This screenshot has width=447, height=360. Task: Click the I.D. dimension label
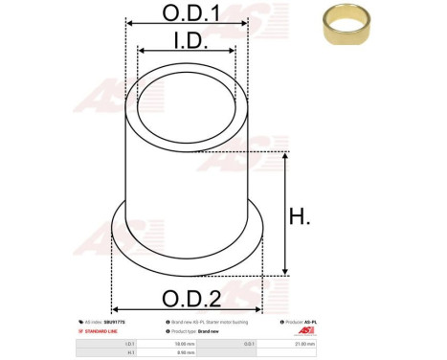pos(187,41)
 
